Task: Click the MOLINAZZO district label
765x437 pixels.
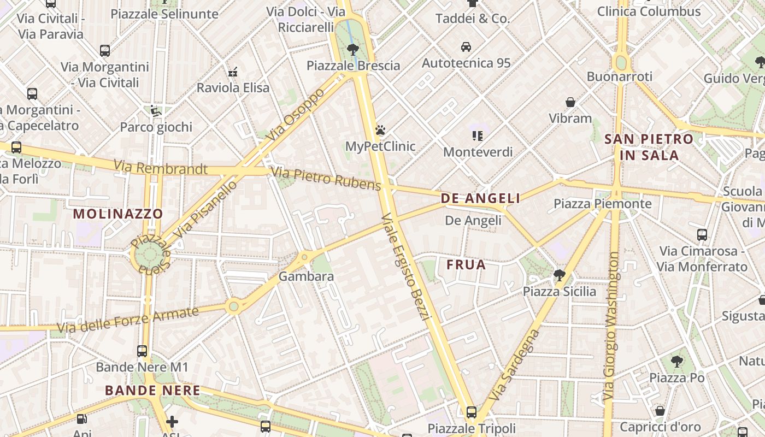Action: (x=118, y=214)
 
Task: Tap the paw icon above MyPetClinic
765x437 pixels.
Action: (x=380, y=130)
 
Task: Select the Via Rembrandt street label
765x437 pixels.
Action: (x=161, y=168)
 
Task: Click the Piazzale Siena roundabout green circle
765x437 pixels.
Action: (x=147, y=255)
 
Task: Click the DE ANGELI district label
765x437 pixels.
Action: (x=480, y=198)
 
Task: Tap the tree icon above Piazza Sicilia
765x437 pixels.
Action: (x=559, y=275)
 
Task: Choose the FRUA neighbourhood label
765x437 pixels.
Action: (x=466, y=265)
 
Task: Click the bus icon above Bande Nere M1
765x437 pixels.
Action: (x=142, y=351)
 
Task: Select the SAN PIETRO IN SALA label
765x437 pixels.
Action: (x=649, y=147)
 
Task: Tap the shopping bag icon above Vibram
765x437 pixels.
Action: (x=570, y=102)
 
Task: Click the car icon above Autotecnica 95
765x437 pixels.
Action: (x=466, y=47)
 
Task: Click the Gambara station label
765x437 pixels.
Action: (x=306, y=276)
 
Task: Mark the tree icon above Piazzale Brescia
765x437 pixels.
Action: (x=353, y=50)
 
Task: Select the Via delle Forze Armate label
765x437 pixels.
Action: (x=128, y=320)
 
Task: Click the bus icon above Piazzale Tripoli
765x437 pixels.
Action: (x=472, y=412)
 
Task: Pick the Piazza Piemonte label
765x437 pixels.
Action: (x=602, y=204)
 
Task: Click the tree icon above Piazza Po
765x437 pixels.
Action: (x=676, y=361)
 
